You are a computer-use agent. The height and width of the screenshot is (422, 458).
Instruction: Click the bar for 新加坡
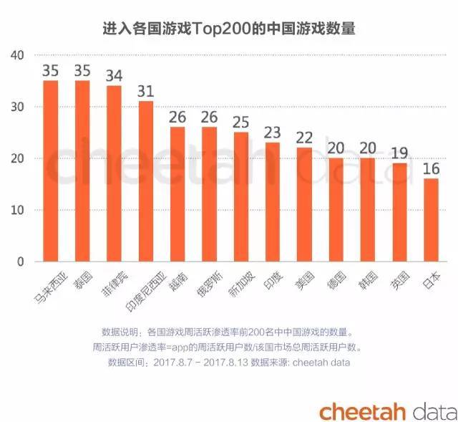coord(241,196)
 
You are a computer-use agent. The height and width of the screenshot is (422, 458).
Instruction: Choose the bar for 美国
coord(305,204)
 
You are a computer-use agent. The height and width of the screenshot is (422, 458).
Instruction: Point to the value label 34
coord(114,76)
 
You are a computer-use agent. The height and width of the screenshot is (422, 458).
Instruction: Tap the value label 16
coord(432,169)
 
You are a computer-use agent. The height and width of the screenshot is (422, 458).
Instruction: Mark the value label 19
coord(400,153)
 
